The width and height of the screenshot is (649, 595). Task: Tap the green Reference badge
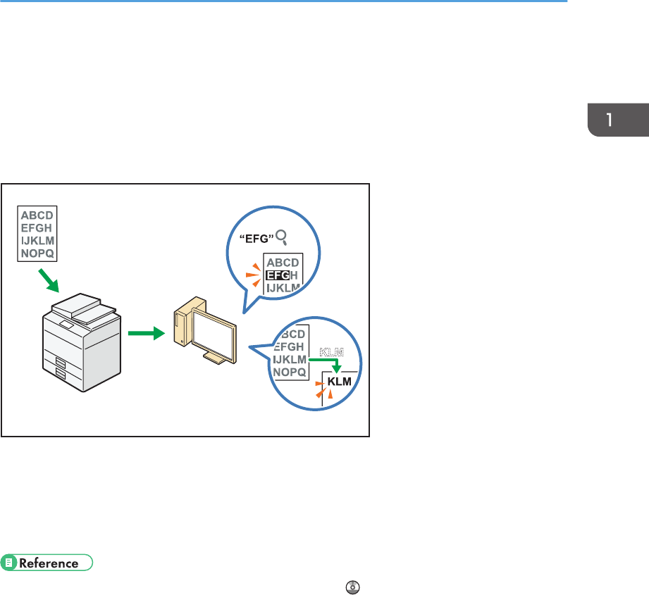pos(48,563)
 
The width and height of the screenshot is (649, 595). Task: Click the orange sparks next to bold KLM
pos(321,388)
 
